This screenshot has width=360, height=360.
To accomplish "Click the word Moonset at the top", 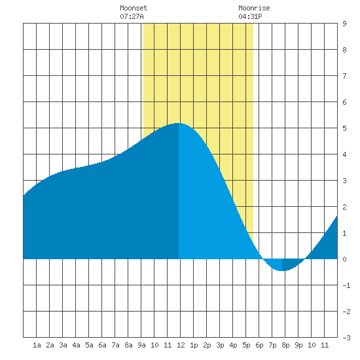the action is coord(134,9).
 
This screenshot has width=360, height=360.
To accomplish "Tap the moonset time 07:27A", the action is coord(132,16).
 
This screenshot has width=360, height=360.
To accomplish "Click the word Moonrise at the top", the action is coord(254,9).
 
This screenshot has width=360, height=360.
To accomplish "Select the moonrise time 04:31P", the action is coord(250,16).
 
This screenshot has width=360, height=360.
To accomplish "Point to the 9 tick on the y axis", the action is coord(344,24).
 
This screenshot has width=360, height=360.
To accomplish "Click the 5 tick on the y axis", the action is coord(344,128).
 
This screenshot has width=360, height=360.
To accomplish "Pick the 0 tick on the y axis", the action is coord(344,259).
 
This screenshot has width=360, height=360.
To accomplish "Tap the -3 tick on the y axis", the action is coord(346,338).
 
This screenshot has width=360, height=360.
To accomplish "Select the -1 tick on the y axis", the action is coord(346,285).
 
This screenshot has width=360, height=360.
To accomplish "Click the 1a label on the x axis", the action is coord(37,345).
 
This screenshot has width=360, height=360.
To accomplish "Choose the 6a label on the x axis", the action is coord(102,345).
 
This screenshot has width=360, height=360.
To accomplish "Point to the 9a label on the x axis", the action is coord(141,345).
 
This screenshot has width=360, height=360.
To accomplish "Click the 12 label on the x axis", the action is coord(181,345).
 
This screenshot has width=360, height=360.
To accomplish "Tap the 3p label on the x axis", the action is coord(220,345).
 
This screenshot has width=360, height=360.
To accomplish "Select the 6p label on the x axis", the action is coord(259,345).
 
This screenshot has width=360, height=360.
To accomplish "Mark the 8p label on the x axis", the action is coord(285,345).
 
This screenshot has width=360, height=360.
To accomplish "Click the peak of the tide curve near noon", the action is coord(178,123).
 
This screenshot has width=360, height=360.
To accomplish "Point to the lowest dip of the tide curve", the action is coord(282,271).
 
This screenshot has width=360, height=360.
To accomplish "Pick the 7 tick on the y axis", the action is coord(344,76).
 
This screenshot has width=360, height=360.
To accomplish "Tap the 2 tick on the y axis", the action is coord(344,207).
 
